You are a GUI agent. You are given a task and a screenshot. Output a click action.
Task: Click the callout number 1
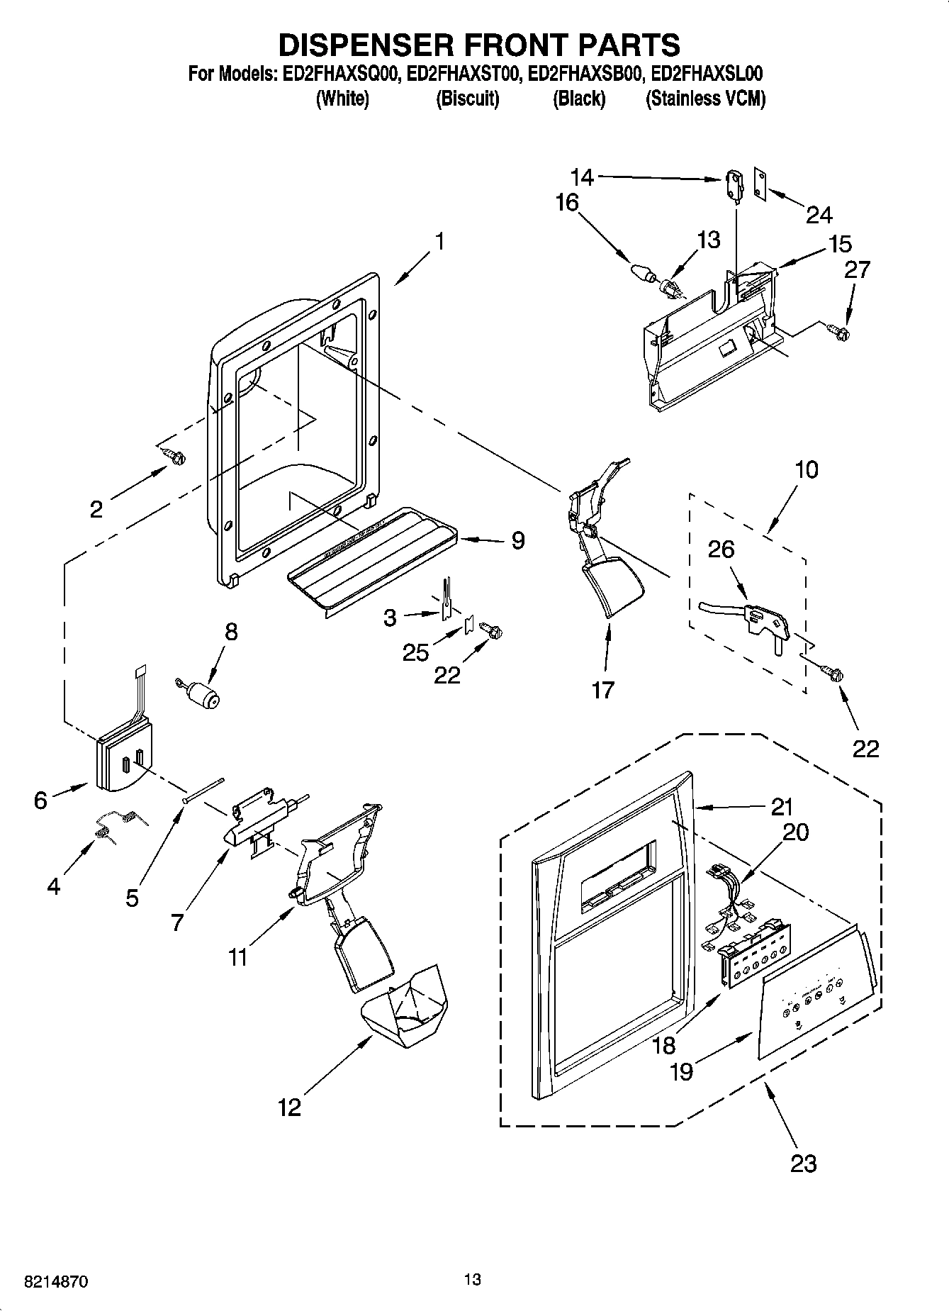tap(439, 242)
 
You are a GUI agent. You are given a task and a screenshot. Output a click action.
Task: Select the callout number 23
tap(803, 1163)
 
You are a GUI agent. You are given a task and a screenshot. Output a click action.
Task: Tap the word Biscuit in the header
tap(467, 99)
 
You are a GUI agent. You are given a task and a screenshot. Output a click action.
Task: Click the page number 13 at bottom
tap(472, 1278)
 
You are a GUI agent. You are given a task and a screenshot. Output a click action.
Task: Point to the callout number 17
tap(602, 689)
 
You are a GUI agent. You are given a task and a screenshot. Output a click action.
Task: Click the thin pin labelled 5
tap(203, 789)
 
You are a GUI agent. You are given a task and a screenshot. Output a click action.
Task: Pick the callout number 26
tap(721, 549)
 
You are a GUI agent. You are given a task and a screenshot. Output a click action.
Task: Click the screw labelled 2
tap(173, 456)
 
